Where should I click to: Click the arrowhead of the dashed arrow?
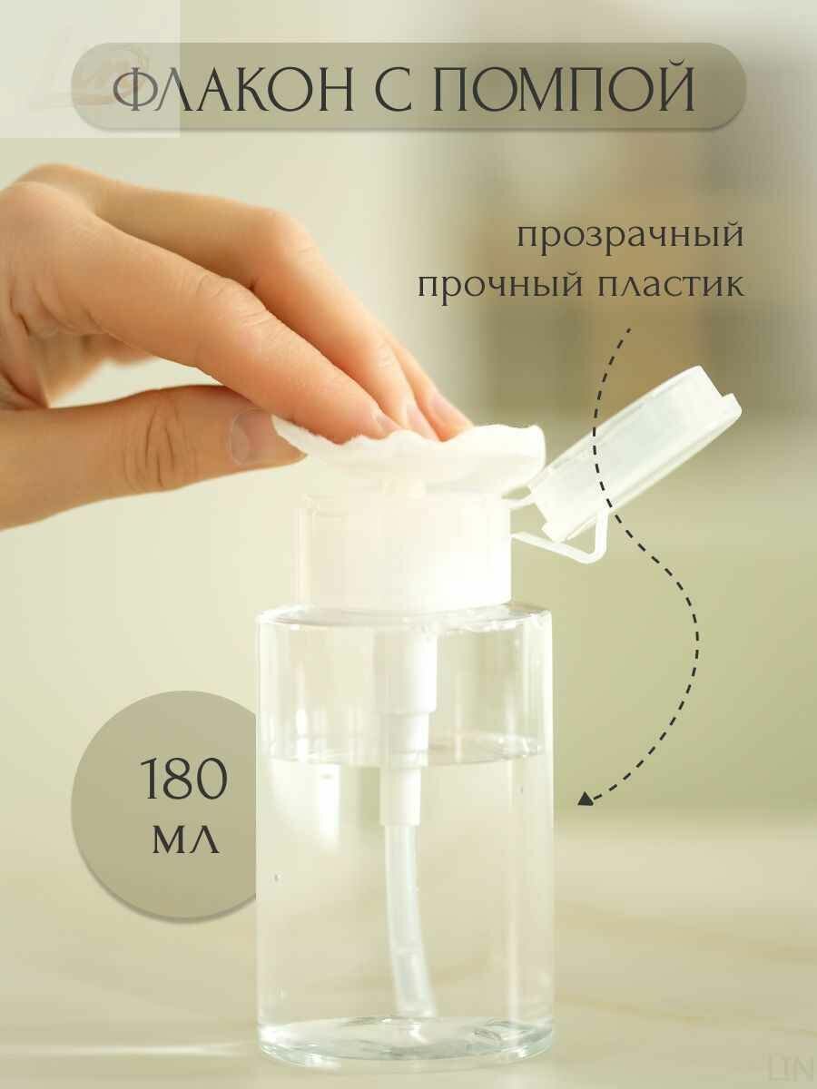coord(586,800)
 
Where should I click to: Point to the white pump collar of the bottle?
coord(404,549)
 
